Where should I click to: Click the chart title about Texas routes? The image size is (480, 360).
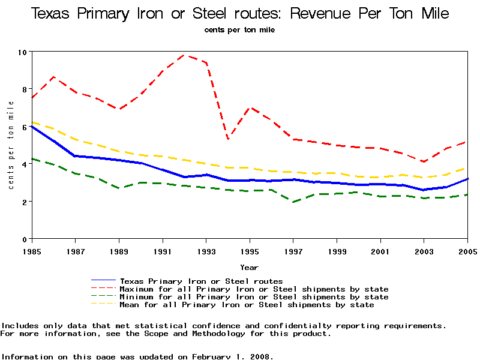click(x=240, y=14)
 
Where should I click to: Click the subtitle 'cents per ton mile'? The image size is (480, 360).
click(x=239, y=30)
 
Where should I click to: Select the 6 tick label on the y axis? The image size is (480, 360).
click(x=24, y=127)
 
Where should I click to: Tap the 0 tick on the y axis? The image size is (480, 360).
click(x=24, y=239)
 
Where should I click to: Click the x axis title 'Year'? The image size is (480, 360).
click(x=250, y=267)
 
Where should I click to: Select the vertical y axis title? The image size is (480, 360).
click(x=11, y=145)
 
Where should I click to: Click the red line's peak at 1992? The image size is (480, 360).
click(x=184, y=55)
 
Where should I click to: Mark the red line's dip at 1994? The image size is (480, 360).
click(x=228, y=139)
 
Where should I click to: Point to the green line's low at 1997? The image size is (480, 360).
click(x=293, y=202)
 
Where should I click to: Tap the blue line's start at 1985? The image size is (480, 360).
click(x=31, y=126)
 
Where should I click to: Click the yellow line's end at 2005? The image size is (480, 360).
click(x=467, y=168)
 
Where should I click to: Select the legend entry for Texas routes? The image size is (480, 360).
click(x=201, y=281)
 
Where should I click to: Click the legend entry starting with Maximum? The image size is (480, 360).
click(x=254, y=289)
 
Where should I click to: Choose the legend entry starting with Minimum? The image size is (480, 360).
click(x=254, y=297)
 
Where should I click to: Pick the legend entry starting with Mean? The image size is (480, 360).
click(x=247, y=305)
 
